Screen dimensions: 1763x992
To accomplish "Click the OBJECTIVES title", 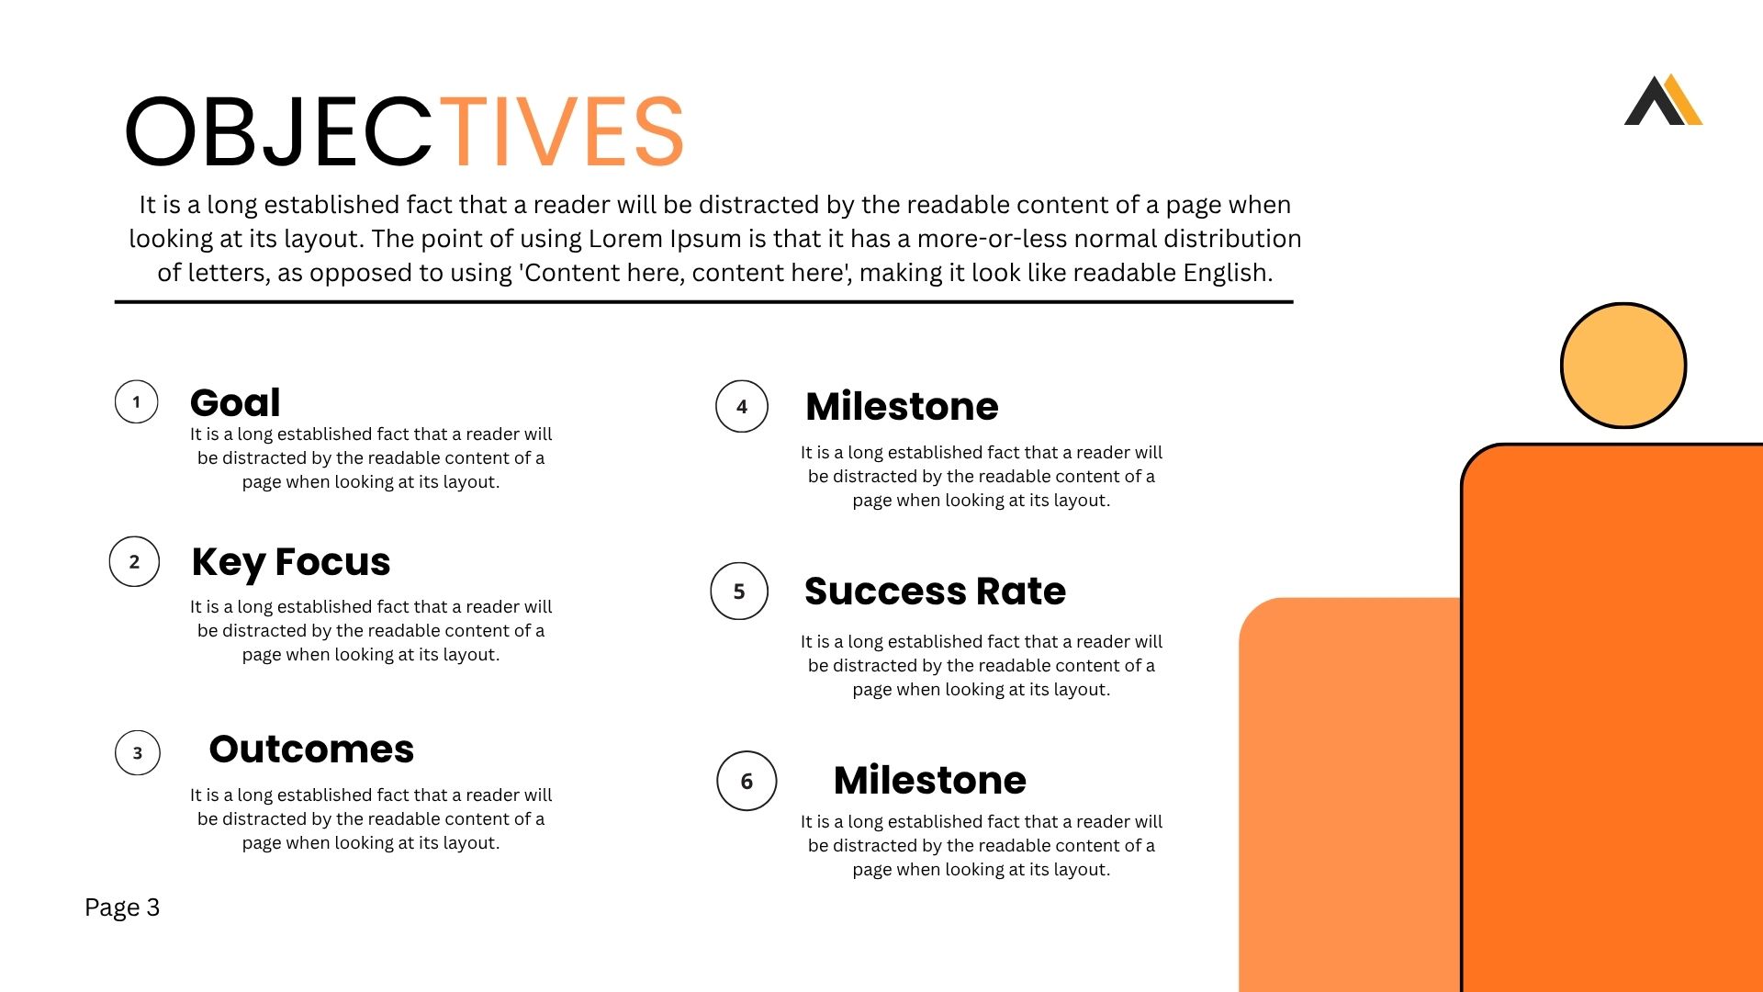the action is (404, 131).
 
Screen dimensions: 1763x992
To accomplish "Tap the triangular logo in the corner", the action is (1663, 100).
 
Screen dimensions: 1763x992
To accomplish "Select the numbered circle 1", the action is (136, 401).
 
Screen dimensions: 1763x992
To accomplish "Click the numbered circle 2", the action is (134, 561).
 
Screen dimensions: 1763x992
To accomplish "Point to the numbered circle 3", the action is (138, 753).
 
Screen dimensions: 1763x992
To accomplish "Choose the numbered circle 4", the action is (742, 406).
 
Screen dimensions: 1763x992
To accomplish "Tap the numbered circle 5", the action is (739, 591).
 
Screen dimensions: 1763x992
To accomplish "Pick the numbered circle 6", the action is (747, 781).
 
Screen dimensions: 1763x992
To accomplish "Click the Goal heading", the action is (235, 403).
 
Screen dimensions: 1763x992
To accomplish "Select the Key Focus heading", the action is (291, 562).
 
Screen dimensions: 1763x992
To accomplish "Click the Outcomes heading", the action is (311, 750).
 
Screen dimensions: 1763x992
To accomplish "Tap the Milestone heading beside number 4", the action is (902, 406).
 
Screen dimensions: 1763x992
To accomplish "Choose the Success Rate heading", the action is (935, 592).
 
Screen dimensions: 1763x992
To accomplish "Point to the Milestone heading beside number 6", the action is (930, 780).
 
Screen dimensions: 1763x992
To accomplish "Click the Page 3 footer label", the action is (122, 907).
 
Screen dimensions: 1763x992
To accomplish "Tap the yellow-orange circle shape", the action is (1623, 366).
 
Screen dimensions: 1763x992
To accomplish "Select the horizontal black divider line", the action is (703, 301).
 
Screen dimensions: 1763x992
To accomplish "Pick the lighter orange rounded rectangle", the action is (1350, 795).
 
